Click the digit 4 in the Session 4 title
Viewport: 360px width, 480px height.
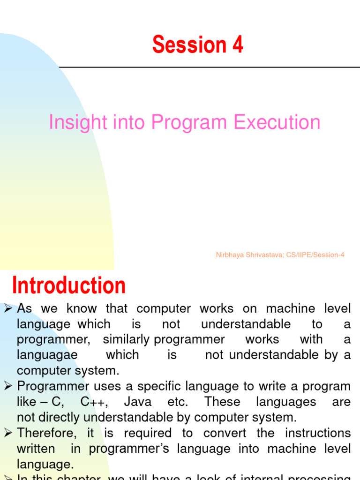click(237, 45)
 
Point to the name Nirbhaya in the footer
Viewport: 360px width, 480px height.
click(230, 255)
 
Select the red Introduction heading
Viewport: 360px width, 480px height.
click(69, 285)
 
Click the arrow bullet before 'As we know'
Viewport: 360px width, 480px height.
click(8, 308)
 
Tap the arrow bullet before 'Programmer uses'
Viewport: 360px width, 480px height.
click(8, 386)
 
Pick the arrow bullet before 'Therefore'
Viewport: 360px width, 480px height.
click(8, 433)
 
